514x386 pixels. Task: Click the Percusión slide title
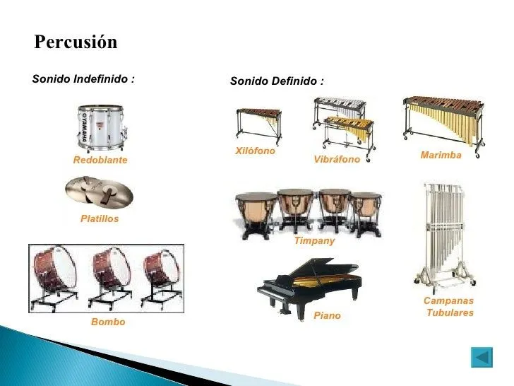[x=76, y=42]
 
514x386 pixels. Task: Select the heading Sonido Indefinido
[x=83, y=79]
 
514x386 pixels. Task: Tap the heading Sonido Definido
[x=277, y=82]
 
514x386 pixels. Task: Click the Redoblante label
[x=100, y=160]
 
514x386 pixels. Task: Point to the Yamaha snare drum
[x=101, y=128]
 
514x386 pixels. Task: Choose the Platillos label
[x=100, y=219]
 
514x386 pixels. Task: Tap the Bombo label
[x=108, y=322]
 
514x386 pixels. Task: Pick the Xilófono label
[x=254, y=151]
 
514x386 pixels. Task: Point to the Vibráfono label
[x=337, y=160]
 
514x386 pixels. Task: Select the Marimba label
[x=441, y=155]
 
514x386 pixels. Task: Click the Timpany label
[x=314, y=241]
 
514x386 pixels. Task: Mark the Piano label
[x=327, y=316]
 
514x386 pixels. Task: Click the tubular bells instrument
[x=443, y=233]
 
